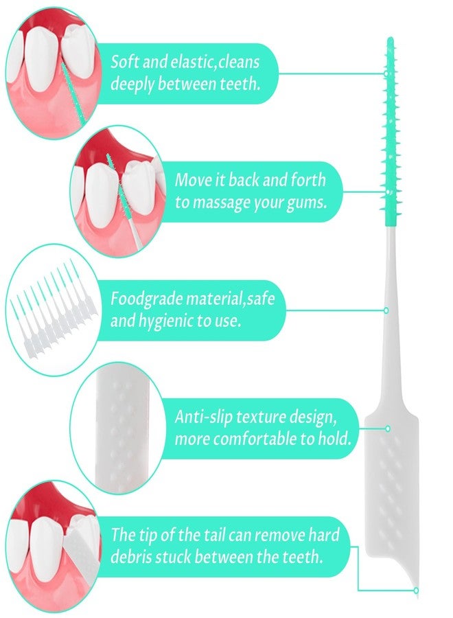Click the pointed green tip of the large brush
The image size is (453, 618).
point(390,38)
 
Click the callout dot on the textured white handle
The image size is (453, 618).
point(388,428)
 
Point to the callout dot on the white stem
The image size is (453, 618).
point(386,310)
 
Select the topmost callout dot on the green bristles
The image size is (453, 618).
point(386,73)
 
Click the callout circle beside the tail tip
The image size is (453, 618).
point(416,591)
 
